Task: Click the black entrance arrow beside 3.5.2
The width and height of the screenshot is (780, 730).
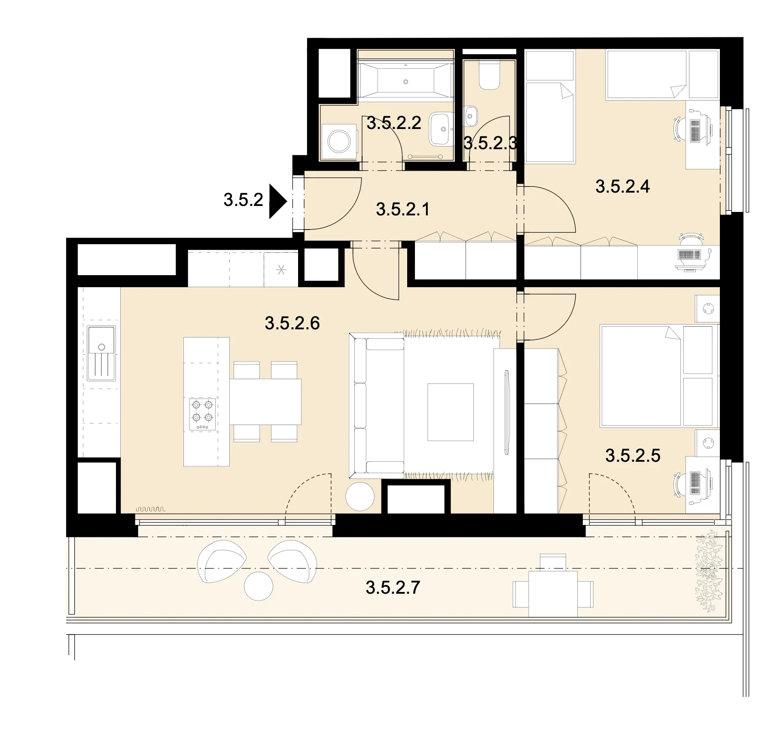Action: (277, 201)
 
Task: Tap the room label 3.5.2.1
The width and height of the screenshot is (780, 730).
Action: (402, 209)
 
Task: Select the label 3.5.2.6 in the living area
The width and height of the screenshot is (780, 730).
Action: (292, 323)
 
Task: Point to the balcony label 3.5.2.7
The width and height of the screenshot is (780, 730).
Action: (393, 587)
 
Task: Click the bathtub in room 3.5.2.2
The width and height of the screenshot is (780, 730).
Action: (406, 81)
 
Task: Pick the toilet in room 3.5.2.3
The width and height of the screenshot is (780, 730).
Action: (490, 76)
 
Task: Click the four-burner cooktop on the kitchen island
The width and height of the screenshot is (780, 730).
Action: (202, 414)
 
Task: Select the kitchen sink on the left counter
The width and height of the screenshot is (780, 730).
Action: (101, 353)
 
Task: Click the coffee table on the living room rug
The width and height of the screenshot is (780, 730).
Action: (450, 412)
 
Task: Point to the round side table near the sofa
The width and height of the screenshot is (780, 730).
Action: (360, 497)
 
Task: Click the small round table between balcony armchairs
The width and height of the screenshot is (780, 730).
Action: (259, 586)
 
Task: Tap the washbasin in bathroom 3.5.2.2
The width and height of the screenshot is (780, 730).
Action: (441, 129)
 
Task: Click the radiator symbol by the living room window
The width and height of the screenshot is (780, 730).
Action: (150, 509)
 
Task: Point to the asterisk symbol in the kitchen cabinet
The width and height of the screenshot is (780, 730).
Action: (281, 270)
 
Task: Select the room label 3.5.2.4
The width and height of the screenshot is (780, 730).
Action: (622, 187)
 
